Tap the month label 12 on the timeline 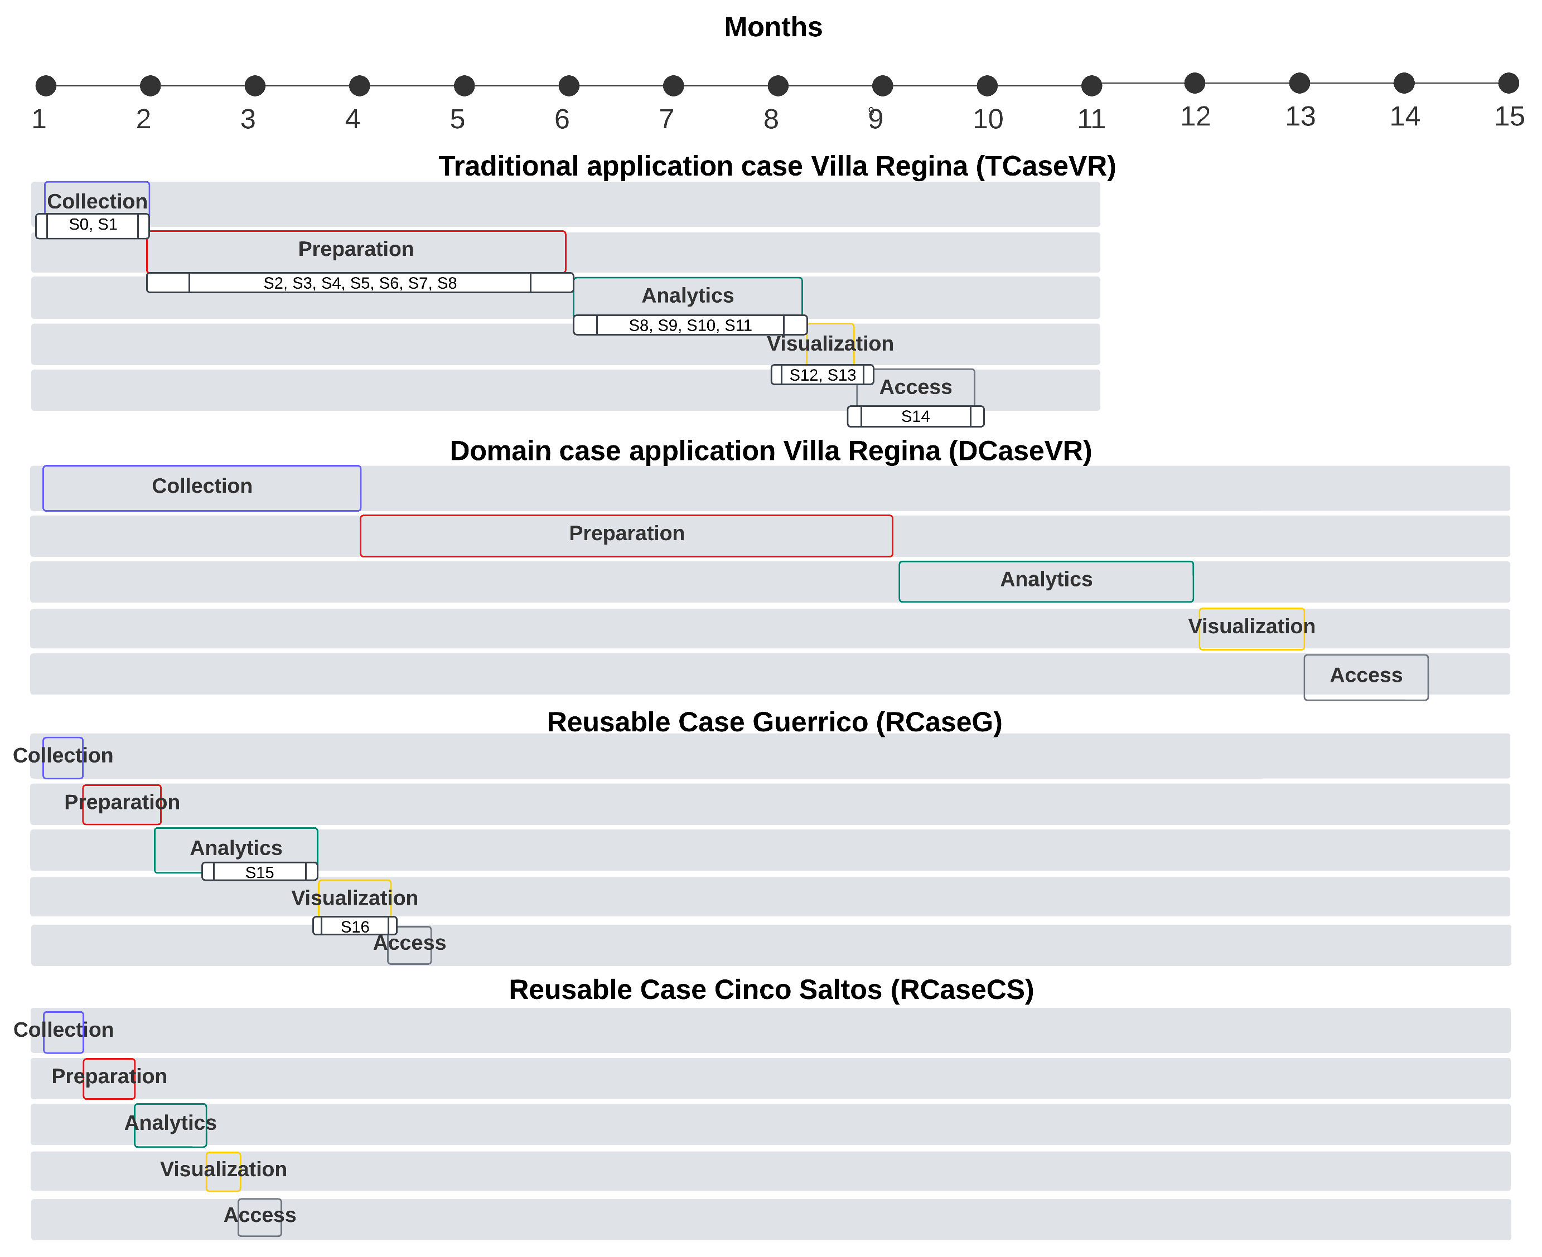[1195, 117]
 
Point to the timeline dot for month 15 [1508, 83]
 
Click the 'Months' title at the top [773, 27]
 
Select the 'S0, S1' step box [93, 225]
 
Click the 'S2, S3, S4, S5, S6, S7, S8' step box [360, 283]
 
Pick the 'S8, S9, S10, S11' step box [689, 325]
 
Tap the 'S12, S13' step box [822, 375]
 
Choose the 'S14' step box [916, 416]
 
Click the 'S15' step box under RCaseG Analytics [259, 872]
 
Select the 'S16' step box [355, 926]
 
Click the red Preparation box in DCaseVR [626, 536]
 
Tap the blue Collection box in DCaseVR [201, 488]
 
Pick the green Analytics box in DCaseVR [1046, 581]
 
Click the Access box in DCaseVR [1365, 677]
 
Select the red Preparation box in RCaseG [122, 804]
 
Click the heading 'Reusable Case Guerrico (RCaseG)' [774, 722]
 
